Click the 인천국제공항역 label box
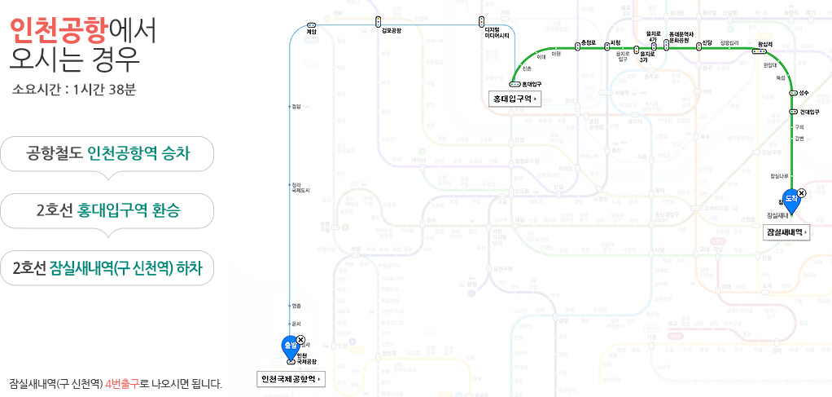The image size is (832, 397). (291, 379)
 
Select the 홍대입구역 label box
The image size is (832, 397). (516, 99)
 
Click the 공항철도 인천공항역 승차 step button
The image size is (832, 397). (107, 152)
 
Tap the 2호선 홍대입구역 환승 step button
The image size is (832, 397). (107, 210)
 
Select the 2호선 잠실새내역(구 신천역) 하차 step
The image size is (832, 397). (107, 268)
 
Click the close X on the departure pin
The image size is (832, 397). (301, 340)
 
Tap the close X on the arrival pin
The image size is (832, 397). (802, 192)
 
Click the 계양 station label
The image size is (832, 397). (311, 30)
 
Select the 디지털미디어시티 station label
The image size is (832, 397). (497, 33)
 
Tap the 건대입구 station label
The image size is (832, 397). (808, 112)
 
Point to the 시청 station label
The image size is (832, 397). (615, 42)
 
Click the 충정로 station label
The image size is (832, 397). (590, 42)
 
